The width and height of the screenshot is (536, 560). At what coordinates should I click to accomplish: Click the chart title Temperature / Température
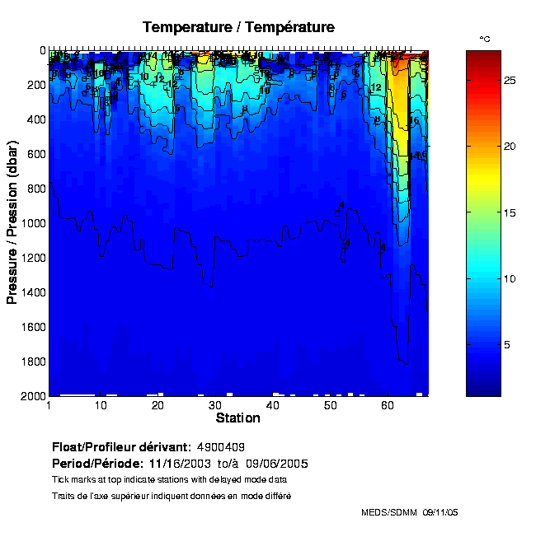click(x=238, y=27)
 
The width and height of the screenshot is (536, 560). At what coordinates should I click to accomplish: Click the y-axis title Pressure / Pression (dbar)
click(x=12, y=222)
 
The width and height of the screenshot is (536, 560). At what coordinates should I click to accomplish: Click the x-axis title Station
click(x=237, y=418)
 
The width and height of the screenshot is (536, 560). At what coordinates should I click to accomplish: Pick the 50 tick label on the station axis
click(x=330, y=406)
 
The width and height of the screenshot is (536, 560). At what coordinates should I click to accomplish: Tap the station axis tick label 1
click(x=49, y=406)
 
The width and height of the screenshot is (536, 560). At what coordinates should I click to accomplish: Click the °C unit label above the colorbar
click(x=485, y=40)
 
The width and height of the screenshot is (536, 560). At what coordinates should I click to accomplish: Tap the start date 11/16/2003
click(x=177, y=463)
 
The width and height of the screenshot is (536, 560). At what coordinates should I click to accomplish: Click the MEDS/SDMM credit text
click(x=390, y=512)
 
